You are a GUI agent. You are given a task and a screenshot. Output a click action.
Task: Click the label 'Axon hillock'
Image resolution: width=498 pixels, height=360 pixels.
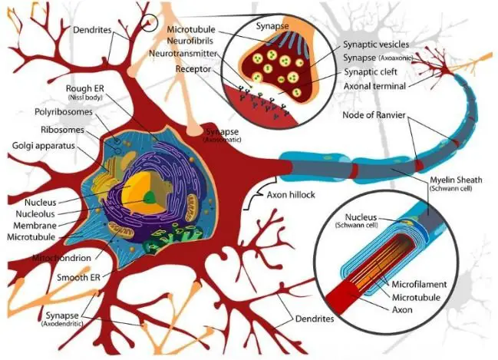(291, 195)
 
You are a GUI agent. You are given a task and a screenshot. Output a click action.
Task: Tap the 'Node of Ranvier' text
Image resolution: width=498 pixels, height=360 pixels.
(374, 115)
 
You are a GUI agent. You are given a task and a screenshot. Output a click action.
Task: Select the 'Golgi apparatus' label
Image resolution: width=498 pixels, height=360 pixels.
(44, 146)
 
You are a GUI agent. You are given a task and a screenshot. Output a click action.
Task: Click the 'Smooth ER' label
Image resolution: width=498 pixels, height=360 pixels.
(78, 277)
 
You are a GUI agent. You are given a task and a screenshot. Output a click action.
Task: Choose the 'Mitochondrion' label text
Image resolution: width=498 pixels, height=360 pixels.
(61, 258)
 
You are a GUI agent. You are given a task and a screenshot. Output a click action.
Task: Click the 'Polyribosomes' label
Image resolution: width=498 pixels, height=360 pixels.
(64, 112)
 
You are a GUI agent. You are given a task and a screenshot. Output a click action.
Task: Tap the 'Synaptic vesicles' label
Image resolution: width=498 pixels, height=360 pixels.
(376, 45)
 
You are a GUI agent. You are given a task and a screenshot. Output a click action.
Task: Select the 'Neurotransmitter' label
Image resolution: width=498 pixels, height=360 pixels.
(183, 54)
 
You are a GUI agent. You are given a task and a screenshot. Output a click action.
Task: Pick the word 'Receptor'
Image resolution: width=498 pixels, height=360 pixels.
(193, 69)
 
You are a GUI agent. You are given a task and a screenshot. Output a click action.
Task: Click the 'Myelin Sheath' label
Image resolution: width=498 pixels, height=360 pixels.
(456, 180)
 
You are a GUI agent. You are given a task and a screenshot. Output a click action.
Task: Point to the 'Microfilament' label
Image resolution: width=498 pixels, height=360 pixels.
(419, 284)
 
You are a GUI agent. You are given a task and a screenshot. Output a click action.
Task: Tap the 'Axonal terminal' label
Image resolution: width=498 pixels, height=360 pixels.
(374, 86)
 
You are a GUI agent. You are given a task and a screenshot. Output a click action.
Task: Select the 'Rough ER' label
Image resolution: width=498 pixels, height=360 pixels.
(85, 88)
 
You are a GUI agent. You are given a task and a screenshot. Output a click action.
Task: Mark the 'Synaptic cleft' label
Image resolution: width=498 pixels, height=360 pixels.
(371, 72)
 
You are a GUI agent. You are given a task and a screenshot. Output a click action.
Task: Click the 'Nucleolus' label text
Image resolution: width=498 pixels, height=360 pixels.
(35, 214)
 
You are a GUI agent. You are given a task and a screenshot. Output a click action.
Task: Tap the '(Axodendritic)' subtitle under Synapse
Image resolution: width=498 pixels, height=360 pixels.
(62, 323)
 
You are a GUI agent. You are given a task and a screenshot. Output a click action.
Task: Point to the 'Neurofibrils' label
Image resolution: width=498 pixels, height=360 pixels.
(190, 41)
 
